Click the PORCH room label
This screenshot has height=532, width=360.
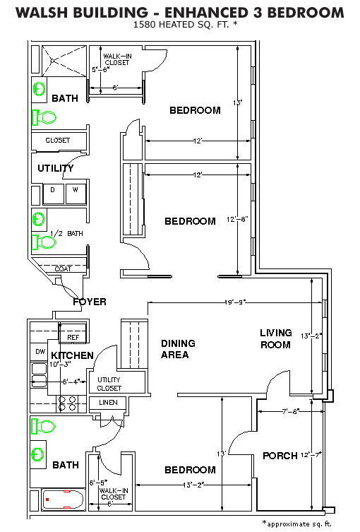pos(280,456)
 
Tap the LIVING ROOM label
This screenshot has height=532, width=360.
pos(276,338)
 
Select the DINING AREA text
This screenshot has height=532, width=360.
pos(178,349)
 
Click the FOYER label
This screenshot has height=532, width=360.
pos(90,302)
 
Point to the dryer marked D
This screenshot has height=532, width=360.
pos(54,194)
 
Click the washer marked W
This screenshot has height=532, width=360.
pos(76,194)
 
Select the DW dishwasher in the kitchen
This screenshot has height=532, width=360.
pos(40,352)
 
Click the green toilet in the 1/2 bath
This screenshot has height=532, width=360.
pos(43,242)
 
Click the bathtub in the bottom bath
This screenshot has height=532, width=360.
pos(63,500)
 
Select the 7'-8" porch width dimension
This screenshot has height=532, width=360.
pos(290,412)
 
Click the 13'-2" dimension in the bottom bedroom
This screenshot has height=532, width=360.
pos(193,485)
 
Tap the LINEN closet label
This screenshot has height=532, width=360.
pos(109,403)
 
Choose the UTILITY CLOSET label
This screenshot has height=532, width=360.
pos(109,384)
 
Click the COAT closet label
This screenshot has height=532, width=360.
pos(63,268)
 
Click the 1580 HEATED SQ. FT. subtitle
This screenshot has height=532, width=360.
pos(185,25)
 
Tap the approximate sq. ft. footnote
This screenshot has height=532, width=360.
pos(297,524)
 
